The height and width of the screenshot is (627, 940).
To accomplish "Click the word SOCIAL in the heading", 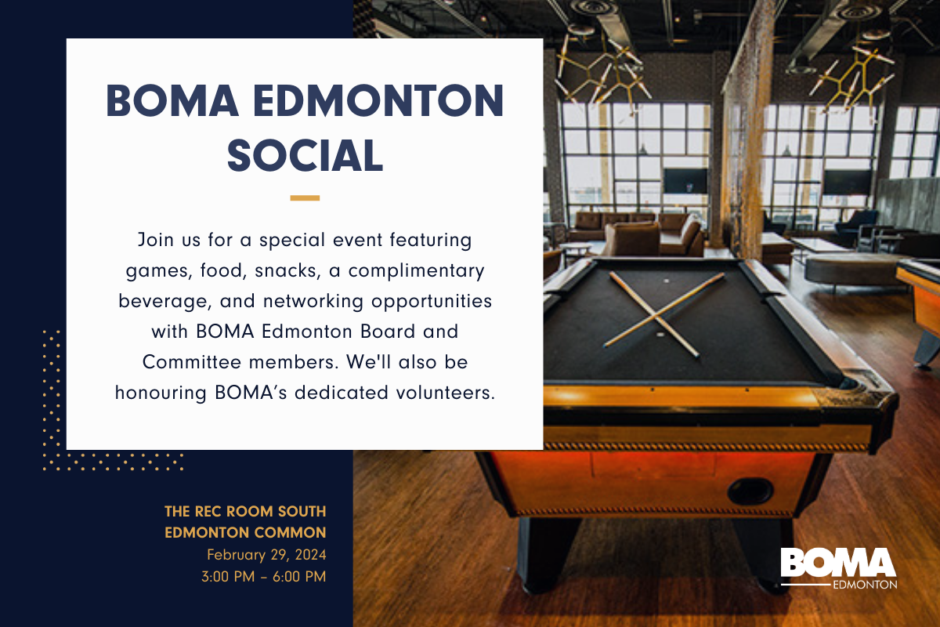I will pyautogui.click(x=305, y=154).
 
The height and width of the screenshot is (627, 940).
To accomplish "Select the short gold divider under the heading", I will pyautogui.click(x=305, y=198).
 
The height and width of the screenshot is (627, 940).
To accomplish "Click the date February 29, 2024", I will pyautogui.click(x=266, y=555).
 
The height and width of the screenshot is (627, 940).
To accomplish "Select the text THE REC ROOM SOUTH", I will pyautogui.click(x=245, y=512).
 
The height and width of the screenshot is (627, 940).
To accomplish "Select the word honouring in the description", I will pyautogui.click(x=161, y=393).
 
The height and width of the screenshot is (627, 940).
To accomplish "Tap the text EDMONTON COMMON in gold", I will pyautogui.click(x=245, y=533).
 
